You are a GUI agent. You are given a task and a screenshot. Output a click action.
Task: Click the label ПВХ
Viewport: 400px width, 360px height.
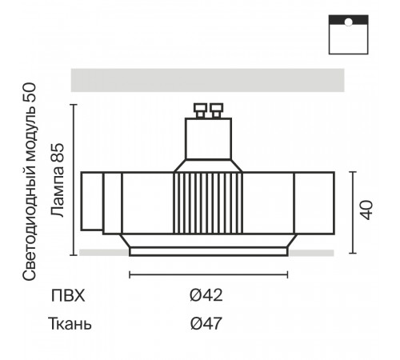[x=68, y=295]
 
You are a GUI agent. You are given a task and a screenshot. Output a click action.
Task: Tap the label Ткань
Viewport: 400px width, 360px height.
[x=70, y=323]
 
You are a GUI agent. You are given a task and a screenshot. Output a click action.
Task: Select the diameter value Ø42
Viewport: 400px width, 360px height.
[x=206, y=295]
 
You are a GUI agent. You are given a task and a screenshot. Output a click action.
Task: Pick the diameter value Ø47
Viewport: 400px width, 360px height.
[x=206, y=323]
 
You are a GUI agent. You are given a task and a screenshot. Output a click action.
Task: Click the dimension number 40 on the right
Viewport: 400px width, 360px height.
[x=367, y=210]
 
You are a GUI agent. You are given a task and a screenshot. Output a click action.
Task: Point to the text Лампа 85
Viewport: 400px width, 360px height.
[x=58, y=180]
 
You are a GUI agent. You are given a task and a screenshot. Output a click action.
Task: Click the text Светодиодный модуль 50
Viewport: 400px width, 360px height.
[x=29, y=182]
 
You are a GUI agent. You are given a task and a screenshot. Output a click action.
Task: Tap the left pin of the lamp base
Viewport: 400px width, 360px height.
[x=201, y=110]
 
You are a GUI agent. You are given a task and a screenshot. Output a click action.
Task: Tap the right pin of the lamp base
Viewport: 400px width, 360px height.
[x=216, y=110]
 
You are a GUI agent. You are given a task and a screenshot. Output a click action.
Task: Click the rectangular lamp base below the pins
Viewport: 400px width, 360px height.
[x=208, y=138]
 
